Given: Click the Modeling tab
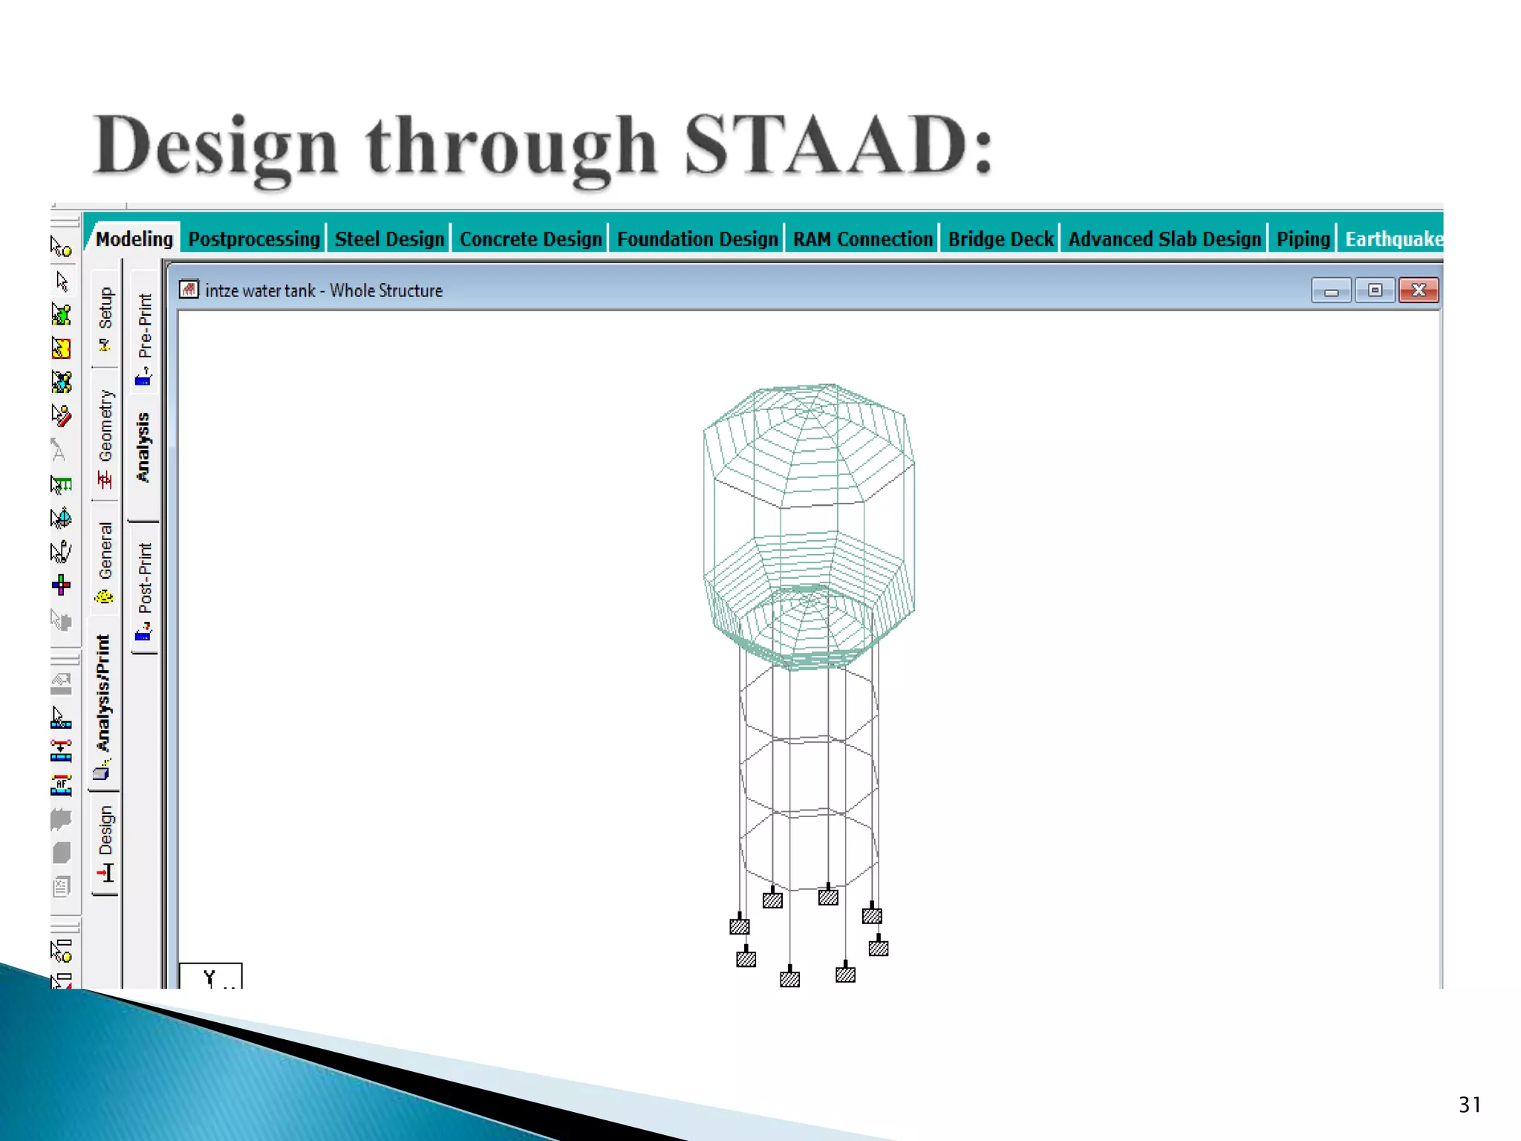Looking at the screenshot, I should [x=134, y=239].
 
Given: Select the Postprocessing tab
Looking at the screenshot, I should [x=254, y=239].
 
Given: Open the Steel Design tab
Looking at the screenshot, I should [x=389, y=239].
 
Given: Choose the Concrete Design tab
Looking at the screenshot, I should [x=530, y=239].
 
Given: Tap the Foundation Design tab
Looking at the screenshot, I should [x=697, y=239].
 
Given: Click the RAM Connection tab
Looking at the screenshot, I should [x=862, y=239].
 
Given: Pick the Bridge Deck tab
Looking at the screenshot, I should [x=1000, y=239].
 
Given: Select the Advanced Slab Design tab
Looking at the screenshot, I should [x=1164, y=239].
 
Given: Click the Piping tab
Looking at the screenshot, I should [x=1303, y=239].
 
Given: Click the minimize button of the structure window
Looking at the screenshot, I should [x=1331, y=290].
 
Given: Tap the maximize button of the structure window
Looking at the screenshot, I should [x=1375, y=290].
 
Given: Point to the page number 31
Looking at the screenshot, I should [x=1469, y=1105].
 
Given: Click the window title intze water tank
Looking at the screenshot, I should [x=260, y=290].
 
